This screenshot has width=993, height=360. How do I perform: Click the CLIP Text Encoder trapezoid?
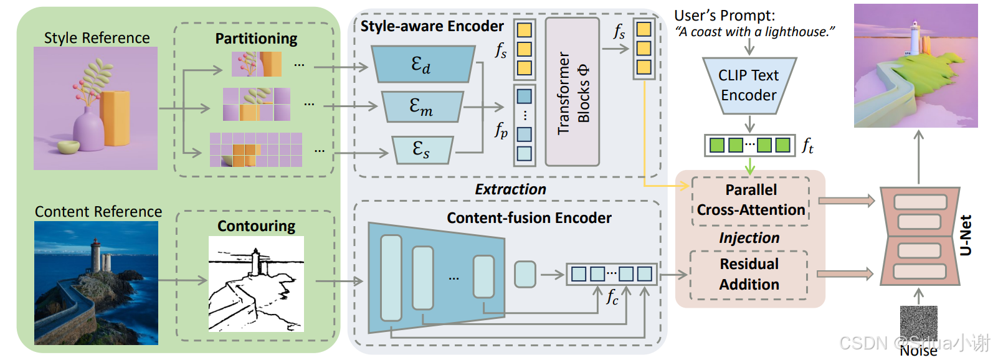click(x=749, y=86)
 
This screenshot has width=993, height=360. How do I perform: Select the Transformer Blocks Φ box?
click(x=572, y=92)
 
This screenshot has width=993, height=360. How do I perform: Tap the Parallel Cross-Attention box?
click(x=750, y=200)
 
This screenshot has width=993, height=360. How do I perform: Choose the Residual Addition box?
click(x=749, y=274)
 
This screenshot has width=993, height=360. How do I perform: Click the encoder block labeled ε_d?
click(x=422, y=64)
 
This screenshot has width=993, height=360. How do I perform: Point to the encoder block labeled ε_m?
click(x=422, y=107)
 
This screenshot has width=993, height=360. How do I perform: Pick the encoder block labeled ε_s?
click(x=422, y=149)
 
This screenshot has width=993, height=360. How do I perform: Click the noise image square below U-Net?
click(x=918, y=323)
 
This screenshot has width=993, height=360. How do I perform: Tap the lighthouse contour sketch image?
click(x=256, y=283)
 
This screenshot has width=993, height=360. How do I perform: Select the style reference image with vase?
click(x=95, y=108)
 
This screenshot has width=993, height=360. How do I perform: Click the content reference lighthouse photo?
click(x=96, y=283)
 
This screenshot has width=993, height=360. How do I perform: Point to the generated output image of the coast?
click(x=916, y=65)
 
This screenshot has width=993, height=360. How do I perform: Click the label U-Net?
click(x=966, y=235)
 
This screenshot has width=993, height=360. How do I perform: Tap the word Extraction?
click(x=510, y=189)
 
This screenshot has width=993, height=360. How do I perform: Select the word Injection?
click(x=749, y=238)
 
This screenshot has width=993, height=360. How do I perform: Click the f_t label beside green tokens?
click(x=807, y=146)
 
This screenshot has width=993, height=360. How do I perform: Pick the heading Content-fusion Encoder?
click(x=529, y=218)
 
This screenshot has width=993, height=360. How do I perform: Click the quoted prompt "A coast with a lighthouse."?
click(x=754, y=32)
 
